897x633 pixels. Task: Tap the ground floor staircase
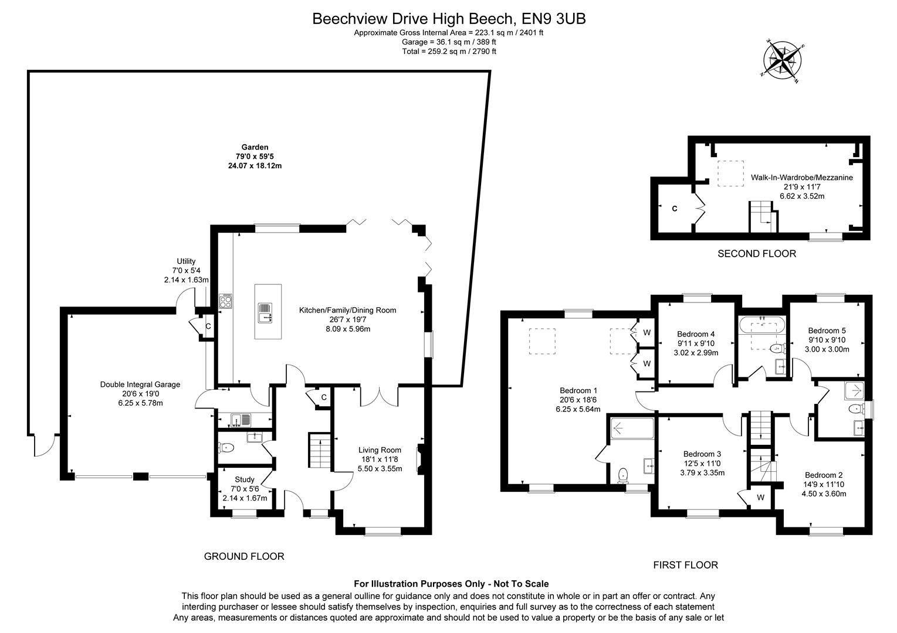coord(320,451)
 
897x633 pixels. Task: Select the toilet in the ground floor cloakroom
coord(227,448)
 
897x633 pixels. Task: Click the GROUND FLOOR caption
coord(243,556)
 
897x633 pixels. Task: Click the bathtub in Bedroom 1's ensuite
coord(632,428)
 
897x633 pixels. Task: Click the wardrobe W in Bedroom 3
coord(760,498)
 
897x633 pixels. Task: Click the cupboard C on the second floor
coord(674,208)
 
